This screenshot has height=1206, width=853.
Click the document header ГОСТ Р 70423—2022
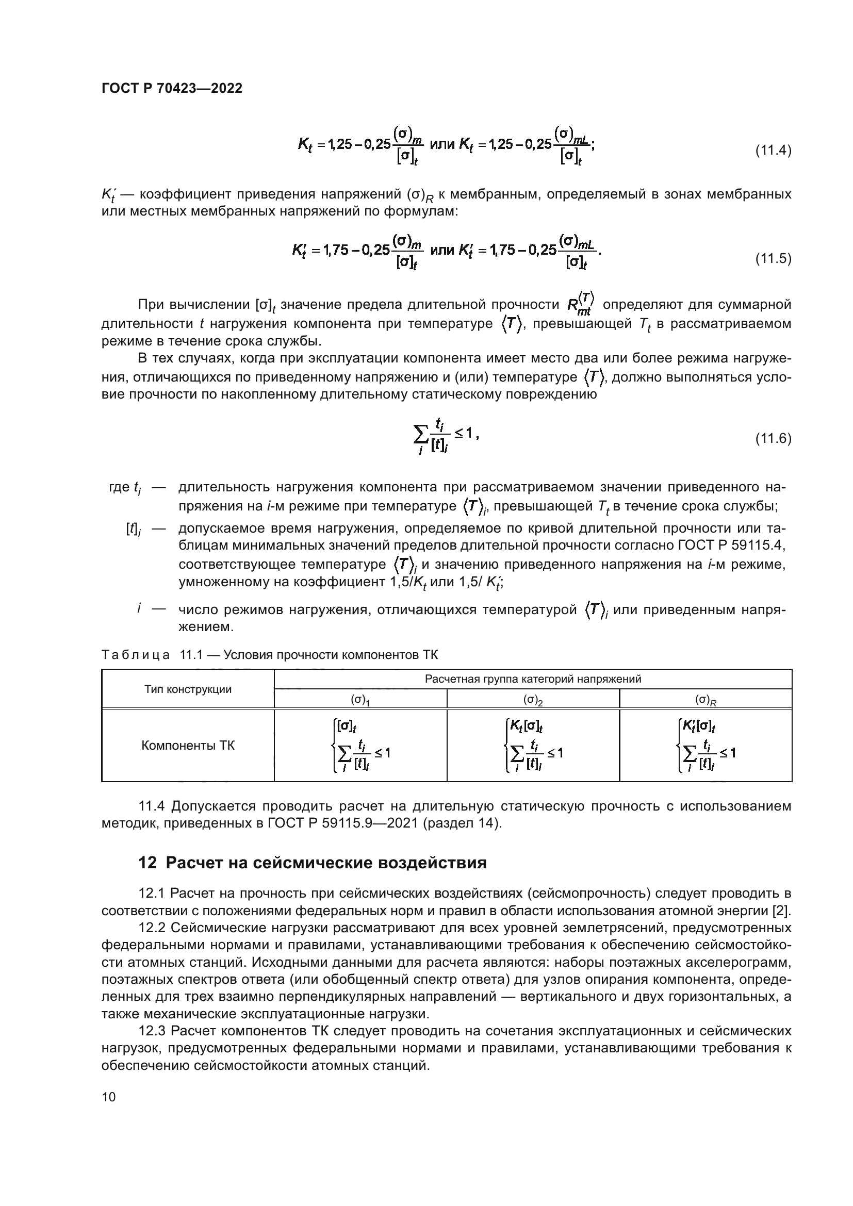point(172,89)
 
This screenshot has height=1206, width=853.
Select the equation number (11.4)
point(773,151)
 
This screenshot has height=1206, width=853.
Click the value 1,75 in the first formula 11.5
point(335,250)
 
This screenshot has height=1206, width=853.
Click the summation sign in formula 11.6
point(421,434)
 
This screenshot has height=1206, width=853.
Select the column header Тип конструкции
point(188,689)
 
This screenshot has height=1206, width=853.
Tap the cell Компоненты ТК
point(188,746)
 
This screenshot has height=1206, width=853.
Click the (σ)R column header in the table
point(706,700)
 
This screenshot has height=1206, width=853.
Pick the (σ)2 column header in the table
point(533,700)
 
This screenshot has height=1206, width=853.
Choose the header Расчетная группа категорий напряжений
point(533,679)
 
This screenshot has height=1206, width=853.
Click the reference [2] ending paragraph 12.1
point(782,910)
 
